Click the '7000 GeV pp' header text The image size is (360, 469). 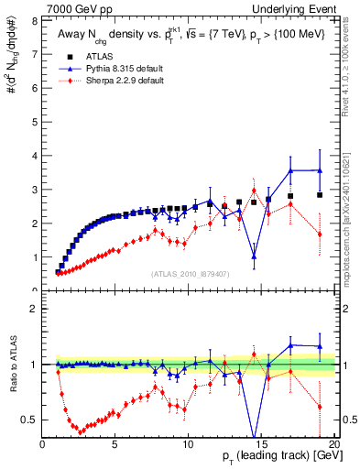(74, 7)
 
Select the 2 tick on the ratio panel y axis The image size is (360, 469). (36, 309)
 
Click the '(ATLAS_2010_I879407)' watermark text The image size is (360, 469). (190, 273)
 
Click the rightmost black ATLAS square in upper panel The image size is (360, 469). (320, 195)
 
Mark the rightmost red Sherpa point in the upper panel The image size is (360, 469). (320, 234)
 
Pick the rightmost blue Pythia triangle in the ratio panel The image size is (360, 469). (320, 347)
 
